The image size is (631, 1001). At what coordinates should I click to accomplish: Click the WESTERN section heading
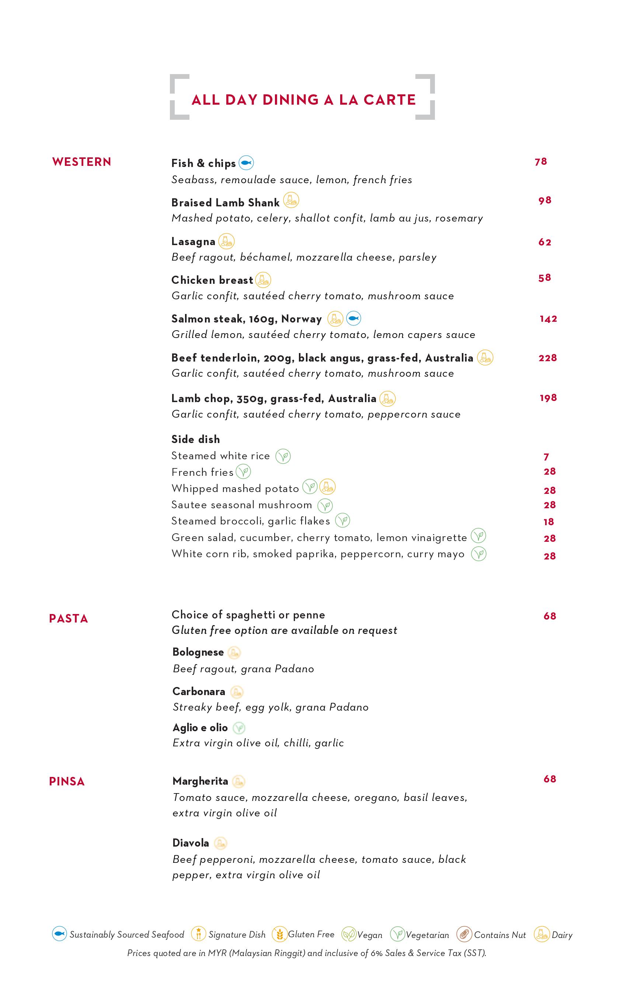coord(81,162)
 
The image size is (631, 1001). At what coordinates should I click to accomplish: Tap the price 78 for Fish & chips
coord(541,162)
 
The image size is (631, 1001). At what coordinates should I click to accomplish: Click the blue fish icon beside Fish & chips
coord(246,163)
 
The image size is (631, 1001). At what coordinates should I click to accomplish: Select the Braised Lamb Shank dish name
coord(225,202)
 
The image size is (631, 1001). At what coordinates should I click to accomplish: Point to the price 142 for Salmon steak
coord(548,319)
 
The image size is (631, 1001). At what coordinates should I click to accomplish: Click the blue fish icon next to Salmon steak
coord(353,319)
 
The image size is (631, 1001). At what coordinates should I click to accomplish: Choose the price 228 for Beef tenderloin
coord(547,358)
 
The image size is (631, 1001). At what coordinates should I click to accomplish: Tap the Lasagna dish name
coord(193,241)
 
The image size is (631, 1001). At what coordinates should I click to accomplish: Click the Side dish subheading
coord(195,439)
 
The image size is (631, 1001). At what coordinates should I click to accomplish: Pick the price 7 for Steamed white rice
coord(547,457)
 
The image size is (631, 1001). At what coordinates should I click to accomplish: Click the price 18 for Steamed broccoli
coord(549,522)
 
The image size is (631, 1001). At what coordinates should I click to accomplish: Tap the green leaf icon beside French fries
coord(243,472)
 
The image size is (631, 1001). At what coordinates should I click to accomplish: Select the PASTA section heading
coord(69,618)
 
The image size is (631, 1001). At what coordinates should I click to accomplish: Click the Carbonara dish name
coord(199,691)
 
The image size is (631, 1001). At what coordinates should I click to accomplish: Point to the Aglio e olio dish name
coord(200,728)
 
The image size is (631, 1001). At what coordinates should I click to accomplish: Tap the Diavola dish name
coord(191,843)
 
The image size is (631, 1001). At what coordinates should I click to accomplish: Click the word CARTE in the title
coord(390,100)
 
